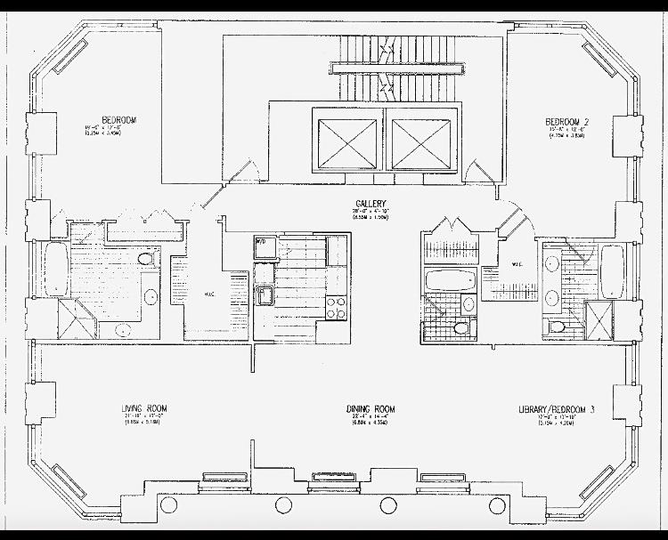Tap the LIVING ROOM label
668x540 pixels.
click(144, 408)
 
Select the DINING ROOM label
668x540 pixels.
click(371, 409)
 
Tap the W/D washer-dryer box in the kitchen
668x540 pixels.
click(263, 246)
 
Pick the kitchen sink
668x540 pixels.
click(265, 296)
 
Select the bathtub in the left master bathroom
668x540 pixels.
click(53, 271)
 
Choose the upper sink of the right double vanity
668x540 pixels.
click(551, 264)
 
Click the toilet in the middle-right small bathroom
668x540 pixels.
click(460, 327)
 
